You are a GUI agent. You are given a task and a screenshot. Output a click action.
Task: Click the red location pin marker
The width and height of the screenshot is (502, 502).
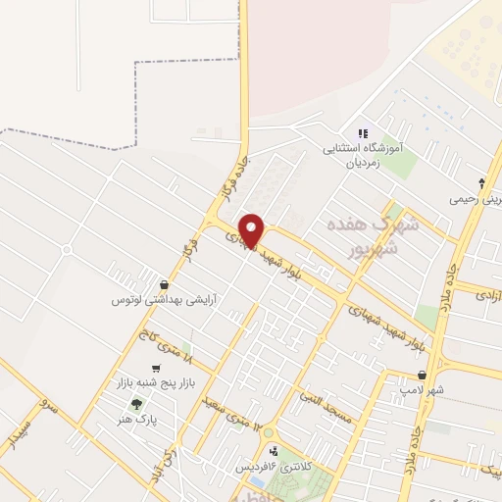coord(252,230)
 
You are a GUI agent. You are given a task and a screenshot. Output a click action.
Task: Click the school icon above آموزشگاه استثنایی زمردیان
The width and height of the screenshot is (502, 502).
coord(363,133)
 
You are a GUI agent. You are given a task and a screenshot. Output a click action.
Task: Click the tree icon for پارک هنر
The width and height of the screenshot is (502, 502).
coord(136,404)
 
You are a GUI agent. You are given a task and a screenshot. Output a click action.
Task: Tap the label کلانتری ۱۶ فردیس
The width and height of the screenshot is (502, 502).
coord(272,468)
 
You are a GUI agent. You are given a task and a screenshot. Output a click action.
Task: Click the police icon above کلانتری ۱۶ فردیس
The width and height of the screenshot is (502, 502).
coord(274,451)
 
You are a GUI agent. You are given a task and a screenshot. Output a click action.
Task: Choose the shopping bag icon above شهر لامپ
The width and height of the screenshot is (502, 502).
coord(422,374)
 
